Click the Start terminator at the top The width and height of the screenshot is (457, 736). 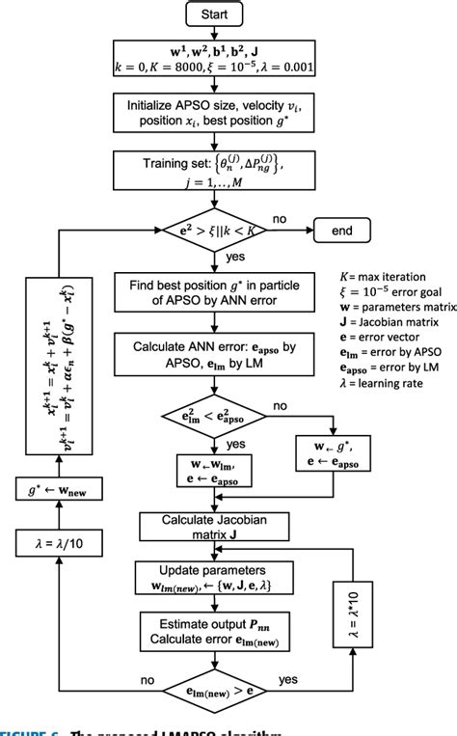(223, 16)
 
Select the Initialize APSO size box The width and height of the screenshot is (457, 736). (223, 114)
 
